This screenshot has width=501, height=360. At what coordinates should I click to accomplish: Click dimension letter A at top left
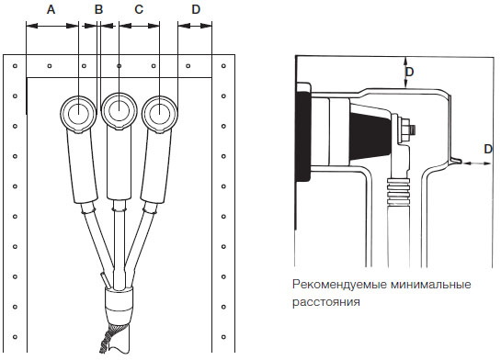[x=51, y=9]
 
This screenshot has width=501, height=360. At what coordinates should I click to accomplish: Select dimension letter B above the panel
[x=98, y=9]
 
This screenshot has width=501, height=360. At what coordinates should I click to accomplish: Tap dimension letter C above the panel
[x=139, y=9]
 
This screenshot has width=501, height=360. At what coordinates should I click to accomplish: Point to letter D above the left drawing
[x=196, y=9]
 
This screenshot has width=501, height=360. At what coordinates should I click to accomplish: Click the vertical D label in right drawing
[x=409, y=72]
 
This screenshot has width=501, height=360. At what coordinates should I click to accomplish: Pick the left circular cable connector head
[x=78, y=112]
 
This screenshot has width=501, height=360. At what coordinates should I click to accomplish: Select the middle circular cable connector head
[x=119, y=111]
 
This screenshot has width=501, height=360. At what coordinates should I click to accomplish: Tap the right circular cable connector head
[x=159, y=112]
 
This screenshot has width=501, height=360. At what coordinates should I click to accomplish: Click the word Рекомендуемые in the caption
[x=339, y=285]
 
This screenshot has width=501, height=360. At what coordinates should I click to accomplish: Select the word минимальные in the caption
[x=431, y=284]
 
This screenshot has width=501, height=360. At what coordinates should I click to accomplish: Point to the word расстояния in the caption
[x=326, y=301]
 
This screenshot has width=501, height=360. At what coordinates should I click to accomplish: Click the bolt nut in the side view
[x=405, y=129]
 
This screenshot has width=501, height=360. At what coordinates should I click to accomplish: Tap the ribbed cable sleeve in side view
[x=398, y=192]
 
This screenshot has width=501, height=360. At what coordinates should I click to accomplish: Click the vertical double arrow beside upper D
[x=405, y=73]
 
